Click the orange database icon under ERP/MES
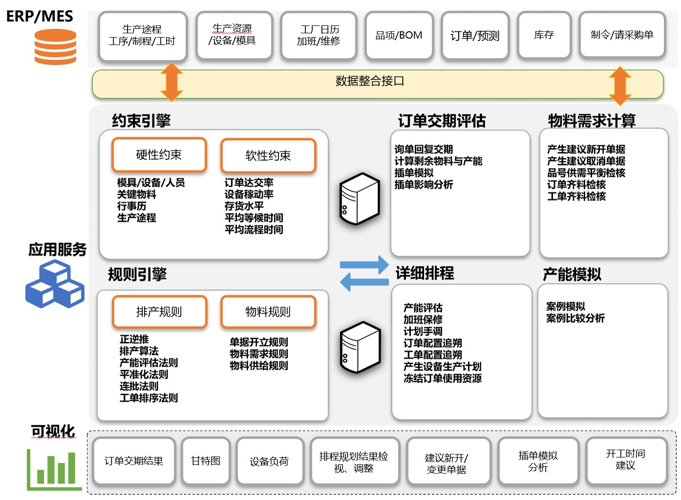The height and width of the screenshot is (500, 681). tap(55, 47)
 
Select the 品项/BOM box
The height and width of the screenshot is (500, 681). tap(399, 35)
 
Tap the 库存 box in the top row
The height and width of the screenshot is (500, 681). tap(544, 35)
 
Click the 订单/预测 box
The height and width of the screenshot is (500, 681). tap(474, 36)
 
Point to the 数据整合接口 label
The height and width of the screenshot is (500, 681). tap(370, 81)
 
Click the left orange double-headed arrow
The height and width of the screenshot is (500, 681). tap(171, 82)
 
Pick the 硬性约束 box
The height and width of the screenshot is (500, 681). tap(159, 155)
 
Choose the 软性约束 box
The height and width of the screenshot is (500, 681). tap(268, 156)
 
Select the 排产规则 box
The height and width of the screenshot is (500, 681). tap(159, 312)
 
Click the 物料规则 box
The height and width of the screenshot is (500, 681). tap(268, 312)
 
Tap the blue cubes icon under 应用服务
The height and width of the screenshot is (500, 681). tap(55, 284)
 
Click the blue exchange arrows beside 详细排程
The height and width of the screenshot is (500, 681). tap(364, 274)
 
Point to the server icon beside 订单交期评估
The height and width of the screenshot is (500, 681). tap(360, 199)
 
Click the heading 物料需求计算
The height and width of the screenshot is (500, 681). tap(592, 121)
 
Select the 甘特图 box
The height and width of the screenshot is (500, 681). tap(206, 461)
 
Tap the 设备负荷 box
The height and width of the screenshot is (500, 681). tap(269, 461)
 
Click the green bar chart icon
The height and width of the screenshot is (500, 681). tap(54, 469)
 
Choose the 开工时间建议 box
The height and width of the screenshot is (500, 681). tap(625, 460)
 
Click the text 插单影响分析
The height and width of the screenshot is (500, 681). tap(424, 185)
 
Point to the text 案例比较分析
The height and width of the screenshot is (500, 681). tap(575, 318)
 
